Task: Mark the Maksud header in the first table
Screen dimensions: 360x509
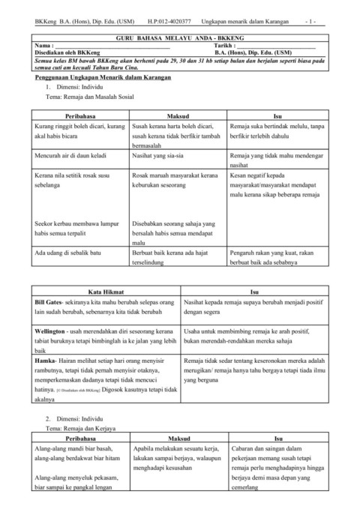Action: point(179,118)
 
